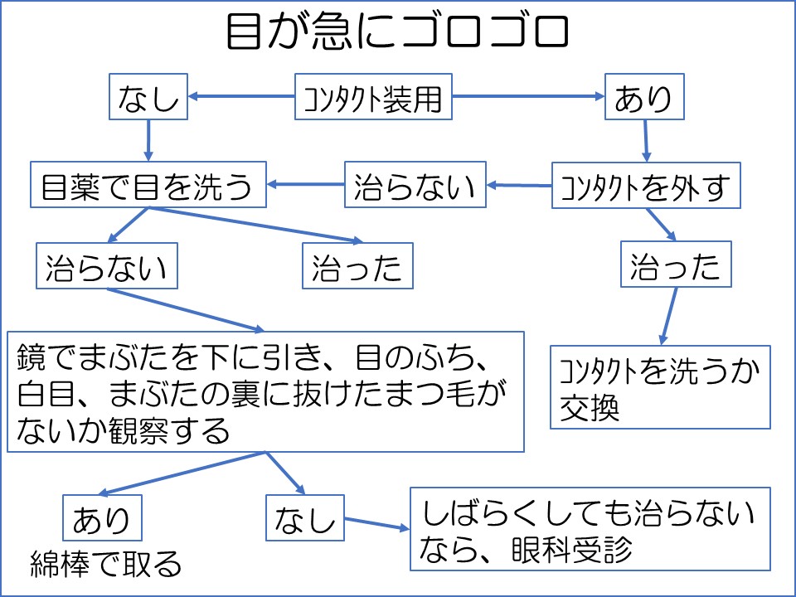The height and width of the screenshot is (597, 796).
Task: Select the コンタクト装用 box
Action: tap(374, 97)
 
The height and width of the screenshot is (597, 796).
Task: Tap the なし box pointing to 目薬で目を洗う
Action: tap(148, 98)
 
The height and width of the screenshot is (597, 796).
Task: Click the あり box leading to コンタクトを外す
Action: tap(643, 98)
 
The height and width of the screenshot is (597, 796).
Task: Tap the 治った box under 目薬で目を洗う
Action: tap(357, 267)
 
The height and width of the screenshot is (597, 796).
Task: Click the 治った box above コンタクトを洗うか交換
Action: tap(676, 266)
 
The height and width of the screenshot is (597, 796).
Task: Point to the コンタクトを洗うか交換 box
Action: tap(660, 387)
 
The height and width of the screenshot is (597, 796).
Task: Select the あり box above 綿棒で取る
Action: tap(101, 519)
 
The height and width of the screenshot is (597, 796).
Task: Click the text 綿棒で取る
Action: tap(105, 564)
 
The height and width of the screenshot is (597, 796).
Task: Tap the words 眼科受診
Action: tap(573, 548)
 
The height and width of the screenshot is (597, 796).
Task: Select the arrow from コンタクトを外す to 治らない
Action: tap(519, 184)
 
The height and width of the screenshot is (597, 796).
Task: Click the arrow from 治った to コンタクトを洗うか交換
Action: tap(669, 315)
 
